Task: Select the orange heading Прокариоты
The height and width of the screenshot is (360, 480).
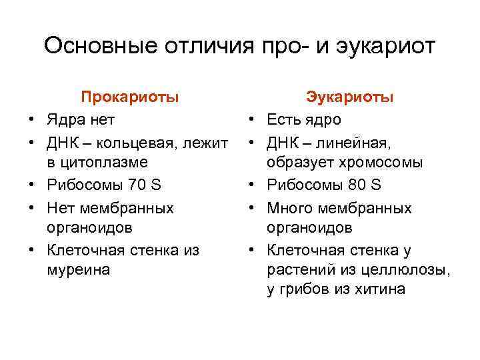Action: (130, 97)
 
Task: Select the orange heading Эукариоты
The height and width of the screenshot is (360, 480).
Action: (350, 97)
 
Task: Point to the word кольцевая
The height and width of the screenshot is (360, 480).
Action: (133, 141)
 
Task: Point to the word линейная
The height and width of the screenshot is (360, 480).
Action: (359, 141)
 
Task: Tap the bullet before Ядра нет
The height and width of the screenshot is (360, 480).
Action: (31, 120)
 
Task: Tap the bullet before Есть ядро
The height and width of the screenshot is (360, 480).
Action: (252, 120)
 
